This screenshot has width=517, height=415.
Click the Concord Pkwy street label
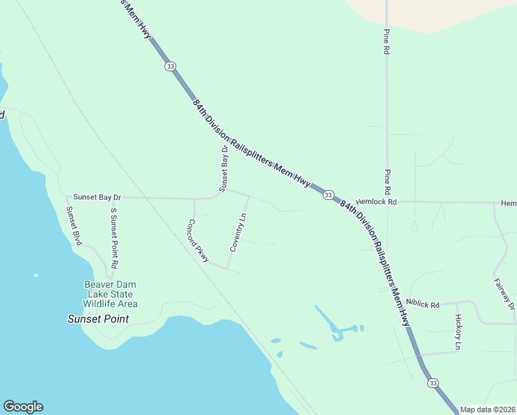click(x=198, y=241)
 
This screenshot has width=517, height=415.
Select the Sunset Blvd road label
click(x=74, y=226)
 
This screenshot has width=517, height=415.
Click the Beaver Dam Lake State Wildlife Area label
click(x=111, y=294)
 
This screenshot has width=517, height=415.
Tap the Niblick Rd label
click(x=423, y=302)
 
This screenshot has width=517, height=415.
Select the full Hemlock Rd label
click(x=377, y=202)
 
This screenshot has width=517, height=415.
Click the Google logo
click(x=23, y=407)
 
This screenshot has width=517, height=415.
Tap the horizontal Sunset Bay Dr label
click(x=97, y=197)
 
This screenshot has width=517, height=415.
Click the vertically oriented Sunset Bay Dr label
click(x=223, y=169)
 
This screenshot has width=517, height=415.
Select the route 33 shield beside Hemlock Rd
click(x=329, y=195)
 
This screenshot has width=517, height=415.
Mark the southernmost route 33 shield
click(x=433, y=382)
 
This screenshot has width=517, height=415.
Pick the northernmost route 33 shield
click(x=170, y=66)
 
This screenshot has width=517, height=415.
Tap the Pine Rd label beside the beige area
click(x=386, y=41)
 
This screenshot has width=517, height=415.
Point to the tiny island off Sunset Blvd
click(x=35, y=275)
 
